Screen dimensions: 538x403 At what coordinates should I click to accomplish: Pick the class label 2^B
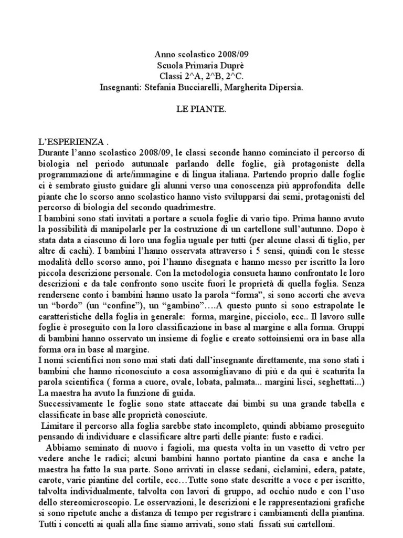(202, 77)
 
